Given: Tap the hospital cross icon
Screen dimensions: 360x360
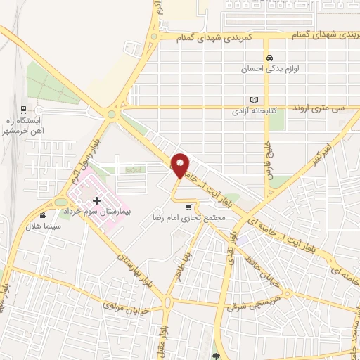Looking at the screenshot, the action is pos(96,201).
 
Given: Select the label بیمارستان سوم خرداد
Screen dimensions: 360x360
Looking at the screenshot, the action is pos(103,211).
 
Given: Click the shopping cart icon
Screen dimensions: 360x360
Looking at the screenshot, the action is pos(188,207).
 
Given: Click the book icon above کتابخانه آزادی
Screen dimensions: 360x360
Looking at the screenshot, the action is pos(255,100).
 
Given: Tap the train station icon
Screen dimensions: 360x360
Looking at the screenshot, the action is pos(23,109).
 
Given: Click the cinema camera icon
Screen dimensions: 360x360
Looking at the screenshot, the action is pos(43,216).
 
